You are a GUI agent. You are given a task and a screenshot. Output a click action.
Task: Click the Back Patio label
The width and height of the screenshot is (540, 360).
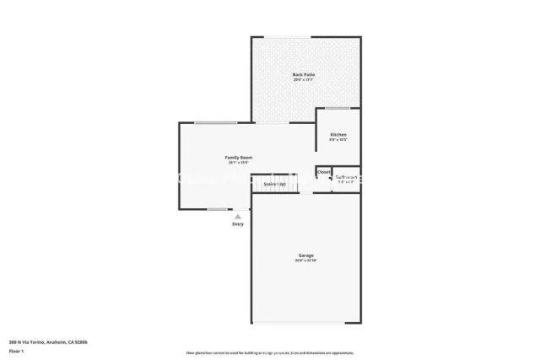point(304,75)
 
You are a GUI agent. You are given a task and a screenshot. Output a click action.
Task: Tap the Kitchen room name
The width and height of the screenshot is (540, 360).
point(338,135)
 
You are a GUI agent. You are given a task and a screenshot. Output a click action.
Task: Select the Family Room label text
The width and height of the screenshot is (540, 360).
point(238,158)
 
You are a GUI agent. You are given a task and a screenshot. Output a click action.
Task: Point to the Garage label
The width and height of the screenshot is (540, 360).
point(305,255)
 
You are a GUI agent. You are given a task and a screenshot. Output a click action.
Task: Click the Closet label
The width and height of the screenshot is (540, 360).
point(324,172)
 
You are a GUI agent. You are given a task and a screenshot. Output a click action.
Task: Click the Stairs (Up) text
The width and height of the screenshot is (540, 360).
point(274,183)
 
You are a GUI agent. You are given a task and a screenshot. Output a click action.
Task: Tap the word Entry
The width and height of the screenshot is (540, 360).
point(238,223)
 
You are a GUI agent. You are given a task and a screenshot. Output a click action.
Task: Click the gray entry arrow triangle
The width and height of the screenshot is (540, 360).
point(238,216)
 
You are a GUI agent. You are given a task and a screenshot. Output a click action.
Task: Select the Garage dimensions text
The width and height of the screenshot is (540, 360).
point(305,261)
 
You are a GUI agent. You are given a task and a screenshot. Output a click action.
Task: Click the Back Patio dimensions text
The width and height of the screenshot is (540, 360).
point(304,81)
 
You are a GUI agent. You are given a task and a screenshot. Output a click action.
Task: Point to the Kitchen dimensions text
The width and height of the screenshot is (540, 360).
point(338,141)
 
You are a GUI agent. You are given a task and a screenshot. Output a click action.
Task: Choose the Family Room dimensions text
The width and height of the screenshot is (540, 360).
point(238,164)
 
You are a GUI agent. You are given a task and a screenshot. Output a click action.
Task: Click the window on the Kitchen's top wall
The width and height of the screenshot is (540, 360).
point(338,108)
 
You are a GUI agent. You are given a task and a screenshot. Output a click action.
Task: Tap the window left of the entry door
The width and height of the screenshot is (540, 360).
point(217,209)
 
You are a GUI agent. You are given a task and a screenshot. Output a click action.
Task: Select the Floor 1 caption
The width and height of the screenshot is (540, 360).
point(16,349)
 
